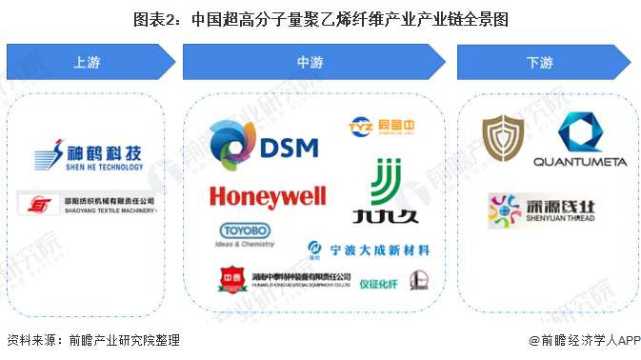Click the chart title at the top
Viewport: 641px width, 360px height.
[320, 17]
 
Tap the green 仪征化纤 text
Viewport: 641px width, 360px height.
[380, 281]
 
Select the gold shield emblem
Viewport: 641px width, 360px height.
[502, 139]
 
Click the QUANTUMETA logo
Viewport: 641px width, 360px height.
[579, 140]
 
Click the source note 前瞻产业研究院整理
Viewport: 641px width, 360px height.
[92, 340]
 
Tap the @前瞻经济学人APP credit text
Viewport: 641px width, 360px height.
[577, 340]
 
